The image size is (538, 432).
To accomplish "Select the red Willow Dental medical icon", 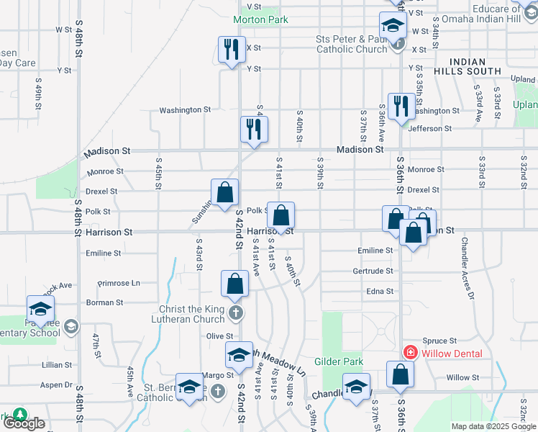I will click(410, 353).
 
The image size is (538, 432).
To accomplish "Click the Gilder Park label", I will click(339, 361).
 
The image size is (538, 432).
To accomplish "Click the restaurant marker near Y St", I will click(232, 50).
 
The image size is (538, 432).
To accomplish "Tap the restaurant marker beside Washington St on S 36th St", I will click(399, 107).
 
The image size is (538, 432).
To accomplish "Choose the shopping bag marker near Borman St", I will click(235, 284).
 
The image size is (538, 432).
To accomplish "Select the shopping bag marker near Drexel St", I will click(224, 192).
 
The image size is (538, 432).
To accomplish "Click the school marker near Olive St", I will click(239, 354).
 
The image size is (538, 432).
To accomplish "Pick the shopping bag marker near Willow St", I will click(400, 374).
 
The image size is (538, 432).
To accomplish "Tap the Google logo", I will click(24, 423).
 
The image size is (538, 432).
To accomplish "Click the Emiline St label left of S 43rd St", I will click(104, 253).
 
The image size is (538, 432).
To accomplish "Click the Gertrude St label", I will click(373, 271).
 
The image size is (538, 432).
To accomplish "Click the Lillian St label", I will click(58, 365).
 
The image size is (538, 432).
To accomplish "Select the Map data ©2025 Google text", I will click(493, 426).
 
